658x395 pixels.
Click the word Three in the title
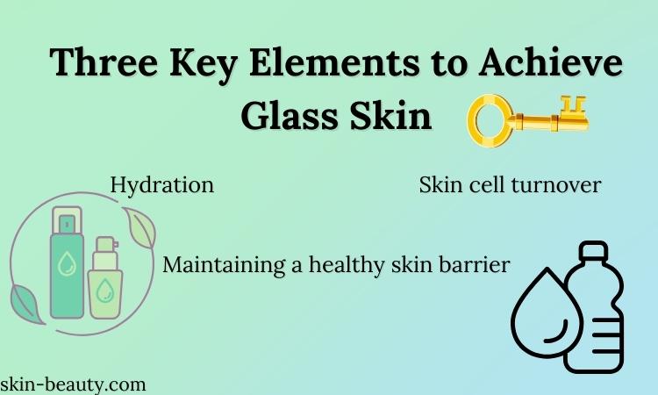(104, 61)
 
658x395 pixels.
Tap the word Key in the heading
(204, 65)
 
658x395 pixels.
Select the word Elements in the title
(334, 61)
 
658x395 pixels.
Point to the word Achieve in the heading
(550, 61)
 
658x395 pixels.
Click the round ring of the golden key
(490, 120)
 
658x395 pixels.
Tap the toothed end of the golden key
(574, 112)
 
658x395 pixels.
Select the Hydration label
(162, 185)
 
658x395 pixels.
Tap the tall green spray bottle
(67, 262)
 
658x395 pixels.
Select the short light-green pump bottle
(105, 278)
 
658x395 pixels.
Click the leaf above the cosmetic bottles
(140, 227)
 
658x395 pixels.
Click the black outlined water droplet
(547, 314)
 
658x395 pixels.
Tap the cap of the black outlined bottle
(593, 251)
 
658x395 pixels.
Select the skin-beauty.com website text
(73, 385)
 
